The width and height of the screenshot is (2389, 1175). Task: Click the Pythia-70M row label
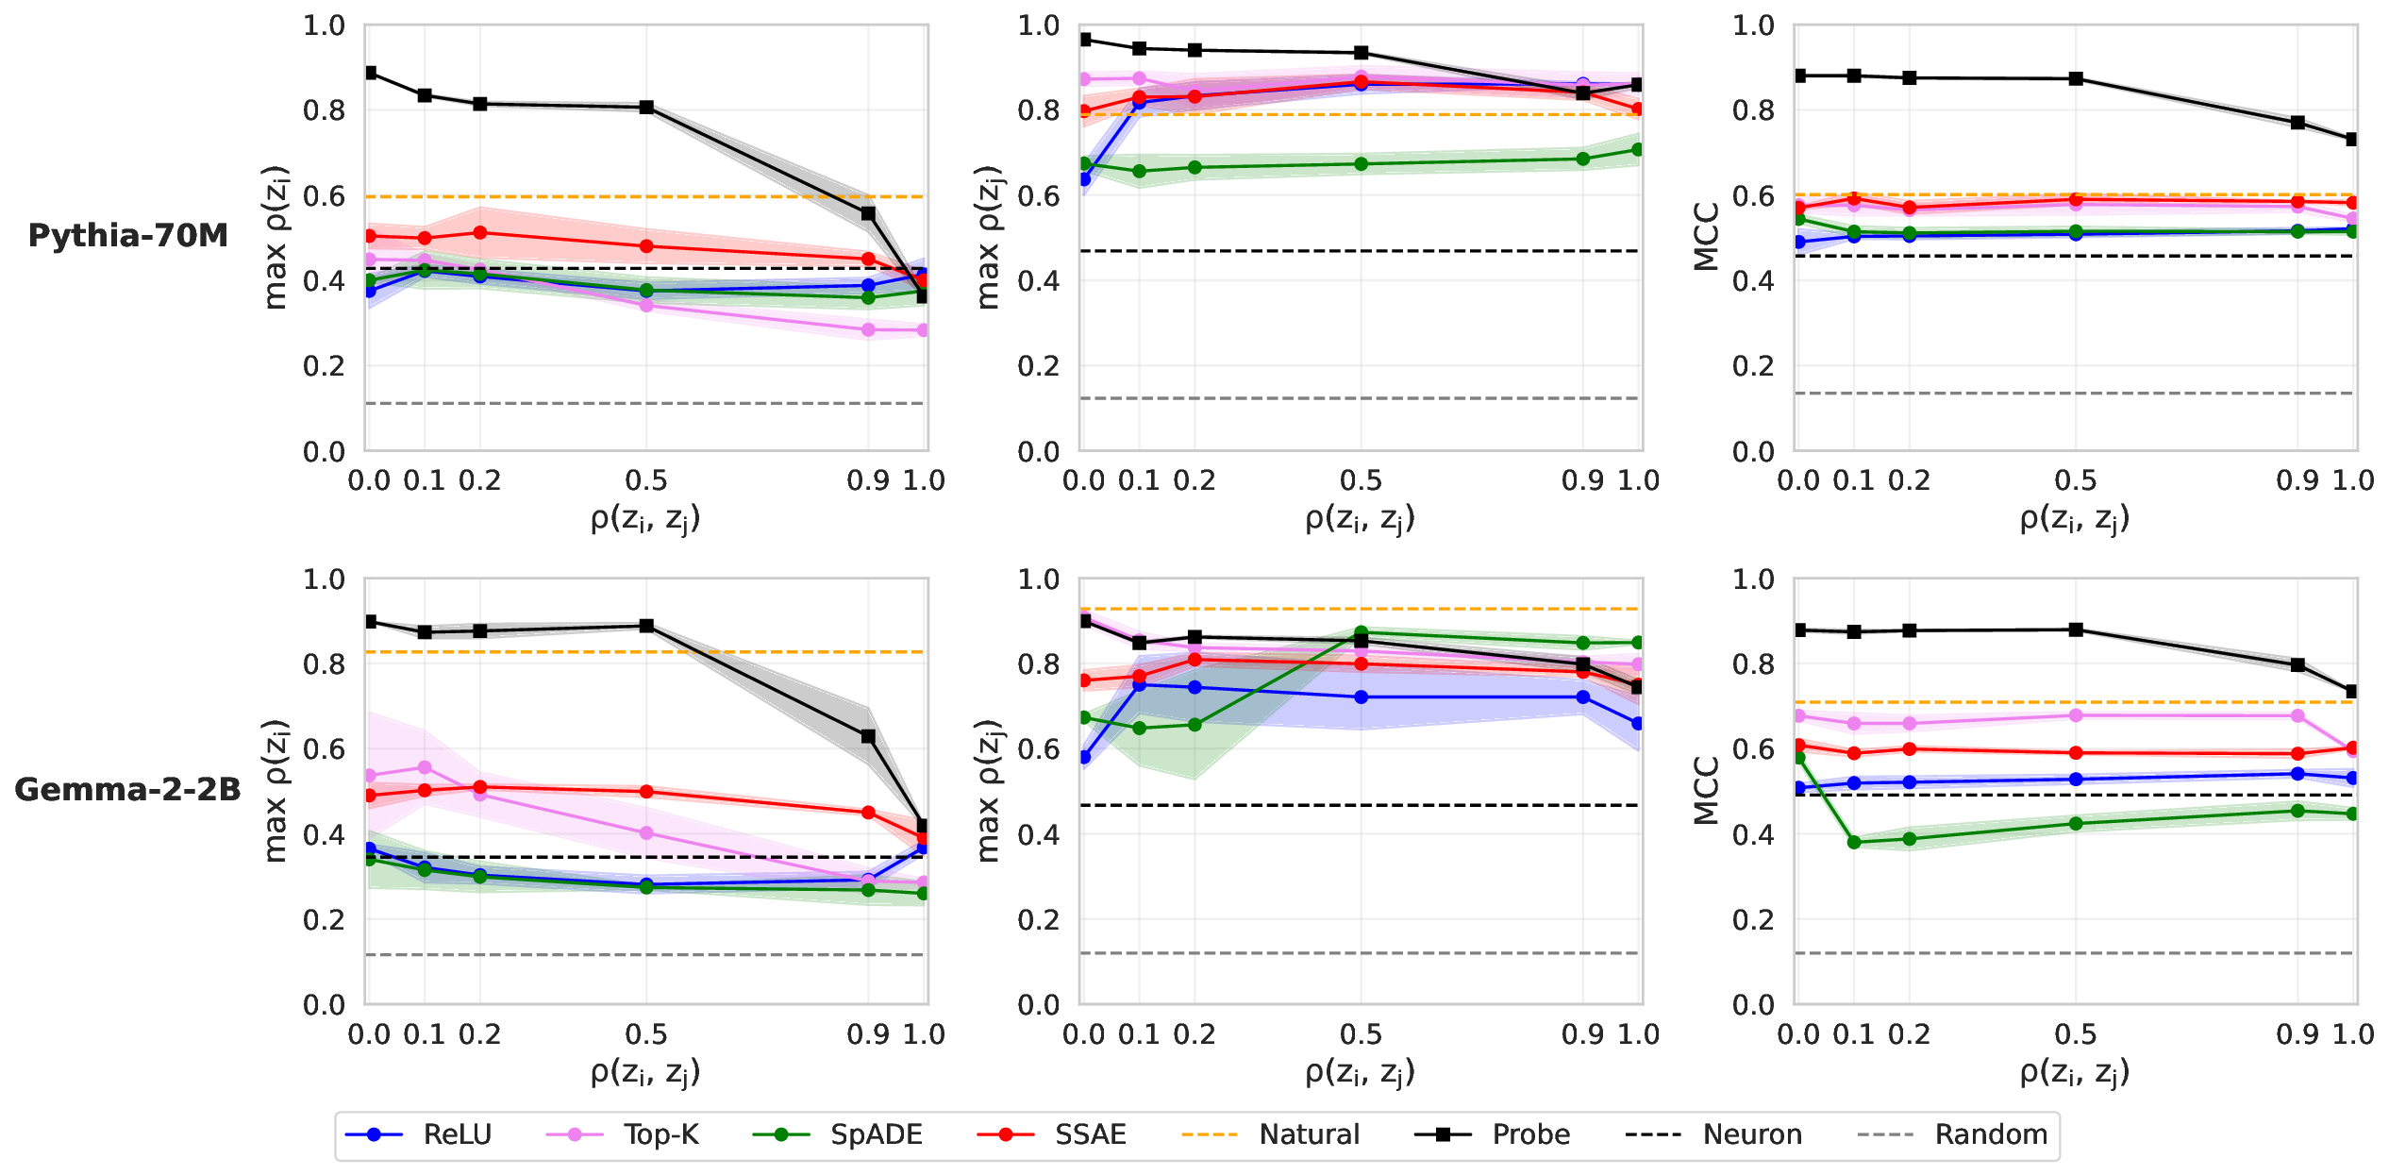[128, 235]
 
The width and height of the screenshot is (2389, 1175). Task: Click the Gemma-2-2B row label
[128, 789]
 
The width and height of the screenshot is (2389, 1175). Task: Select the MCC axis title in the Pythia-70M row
[1707, 236]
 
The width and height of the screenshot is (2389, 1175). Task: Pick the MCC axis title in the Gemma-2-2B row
[1707, 790]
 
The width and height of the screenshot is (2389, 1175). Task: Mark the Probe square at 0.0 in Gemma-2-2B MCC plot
[1799, 629]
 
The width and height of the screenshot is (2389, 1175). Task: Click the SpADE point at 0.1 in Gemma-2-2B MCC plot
[1854, 842]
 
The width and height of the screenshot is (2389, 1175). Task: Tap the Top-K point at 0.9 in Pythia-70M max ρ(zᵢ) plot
[868, 329]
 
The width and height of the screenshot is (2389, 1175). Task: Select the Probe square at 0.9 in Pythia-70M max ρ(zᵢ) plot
[868, 213]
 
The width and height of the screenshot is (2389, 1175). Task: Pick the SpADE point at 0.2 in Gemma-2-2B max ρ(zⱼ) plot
[1194, 725]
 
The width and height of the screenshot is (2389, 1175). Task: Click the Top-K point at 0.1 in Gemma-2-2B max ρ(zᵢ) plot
[425, 767]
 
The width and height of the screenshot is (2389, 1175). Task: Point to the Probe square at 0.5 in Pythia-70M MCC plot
[2076, 78]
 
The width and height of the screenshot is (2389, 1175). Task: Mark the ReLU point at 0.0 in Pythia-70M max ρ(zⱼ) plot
[1084, 179]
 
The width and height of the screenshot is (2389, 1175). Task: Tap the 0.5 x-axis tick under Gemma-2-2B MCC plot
[2076, 1034]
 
